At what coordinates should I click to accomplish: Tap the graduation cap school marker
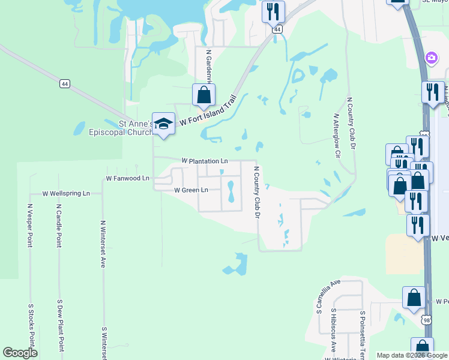(163, 124)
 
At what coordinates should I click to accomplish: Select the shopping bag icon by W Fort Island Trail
(203, 95)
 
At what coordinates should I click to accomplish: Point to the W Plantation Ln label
(205, 161)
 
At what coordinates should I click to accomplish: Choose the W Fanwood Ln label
(127, 179)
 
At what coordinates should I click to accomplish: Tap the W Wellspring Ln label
(66, 194)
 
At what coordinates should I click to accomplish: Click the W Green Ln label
(191, 190)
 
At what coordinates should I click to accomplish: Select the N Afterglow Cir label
(337, 136)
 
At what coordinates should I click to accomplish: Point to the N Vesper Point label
(30, 225)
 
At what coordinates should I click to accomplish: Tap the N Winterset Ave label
(103, 244)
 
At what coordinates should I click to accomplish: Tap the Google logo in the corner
(20, 353)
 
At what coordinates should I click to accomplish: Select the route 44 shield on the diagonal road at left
(63, 83)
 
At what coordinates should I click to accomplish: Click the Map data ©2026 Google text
(411, 355)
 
